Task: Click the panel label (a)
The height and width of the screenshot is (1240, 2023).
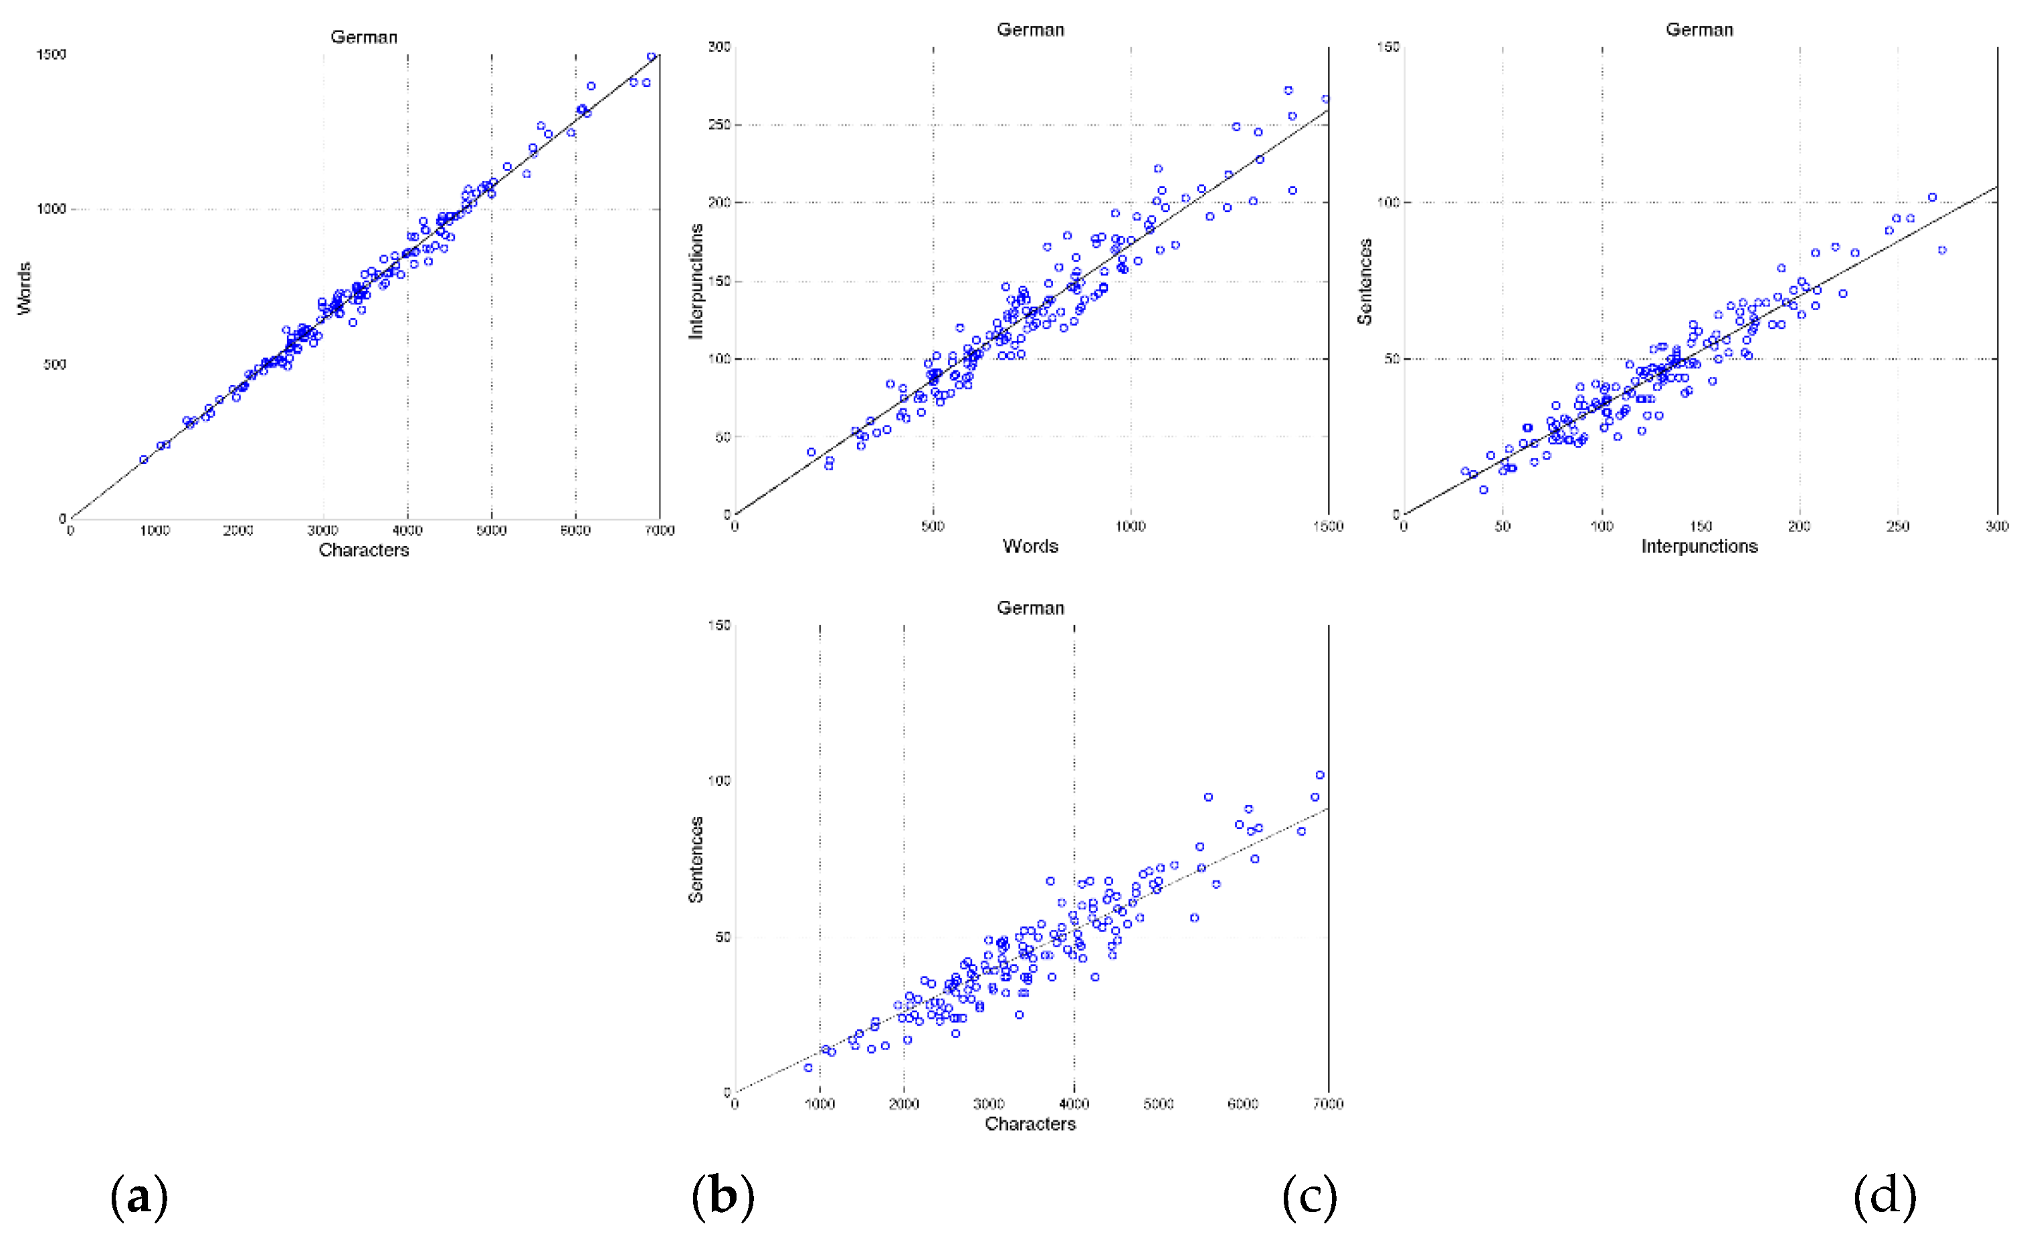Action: [138, 1196]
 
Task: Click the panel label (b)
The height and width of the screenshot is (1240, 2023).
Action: [722, 1196]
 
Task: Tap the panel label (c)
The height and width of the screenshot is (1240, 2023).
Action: [1310, 1196]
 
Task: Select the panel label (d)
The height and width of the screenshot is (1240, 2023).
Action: [1885, 1196]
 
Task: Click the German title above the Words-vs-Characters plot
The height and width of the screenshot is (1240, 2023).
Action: [364, 37]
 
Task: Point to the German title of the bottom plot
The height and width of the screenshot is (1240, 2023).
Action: [1030, 608]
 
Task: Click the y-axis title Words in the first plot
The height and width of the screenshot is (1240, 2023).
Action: [24, 288]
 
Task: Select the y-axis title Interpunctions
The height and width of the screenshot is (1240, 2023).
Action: [696, 281]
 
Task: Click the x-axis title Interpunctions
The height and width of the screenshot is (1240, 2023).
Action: [1699, 547]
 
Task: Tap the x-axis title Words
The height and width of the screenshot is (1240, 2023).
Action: [1030, 547]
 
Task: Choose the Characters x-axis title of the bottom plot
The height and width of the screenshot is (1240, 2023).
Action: [1030, 1124]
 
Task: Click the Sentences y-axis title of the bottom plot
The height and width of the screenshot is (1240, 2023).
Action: [696, 860]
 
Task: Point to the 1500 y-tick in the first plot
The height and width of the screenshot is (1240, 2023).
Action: [51, 55]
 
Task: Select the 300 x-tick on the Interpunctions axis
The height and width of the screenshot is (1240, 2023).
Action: [1997, 527]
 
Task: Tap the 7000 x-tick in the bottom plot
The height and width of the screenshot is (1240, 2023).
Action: [1327, 1104]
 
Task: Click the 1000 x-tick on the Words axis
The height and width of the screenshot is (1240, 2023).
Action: [1131, 527]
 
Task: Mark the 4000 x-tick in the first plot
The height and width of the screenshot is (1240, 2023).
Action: [407, 531]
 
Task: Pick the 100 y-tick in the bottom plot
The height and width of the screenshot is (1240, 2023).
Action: [719, 781]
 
